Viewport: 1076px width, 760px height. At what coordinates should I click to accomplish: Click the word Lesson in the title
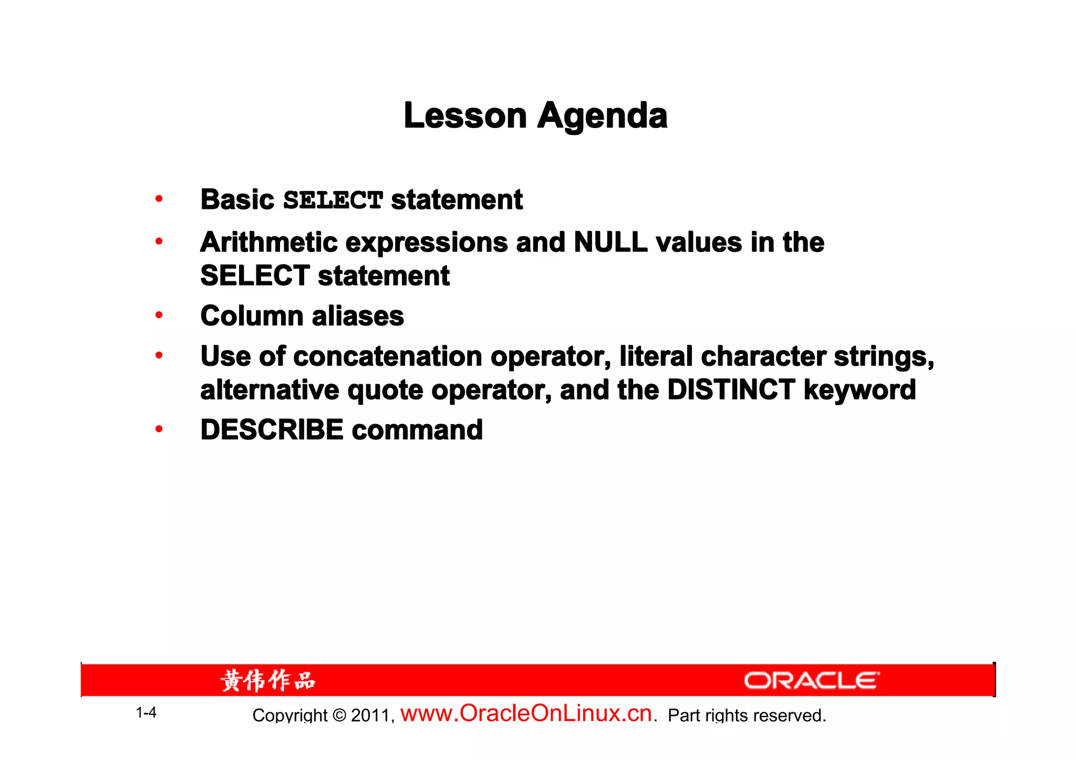[x=465, y=115]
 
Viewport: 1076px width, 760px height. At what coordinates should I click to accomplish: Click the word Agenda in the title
[x=602, y=117]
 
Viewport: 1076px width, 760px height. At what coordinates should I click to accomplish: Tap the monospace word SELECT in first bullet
[x=333, y=200]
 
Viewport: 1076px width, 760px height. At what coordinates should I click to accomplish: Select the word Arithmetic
[x=268, y=242]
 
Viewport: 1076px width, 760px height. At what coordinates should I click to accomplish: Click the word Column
[x=252, y=316]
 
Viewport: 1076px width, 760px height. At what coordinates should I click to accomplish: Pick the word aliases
[x=358, y=316]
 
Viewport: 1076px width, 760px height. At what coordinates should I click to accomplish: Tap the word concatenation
[x=388, y=356]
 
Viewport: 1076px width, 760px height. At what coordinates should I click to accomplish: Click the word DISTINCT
[x=731, y=390]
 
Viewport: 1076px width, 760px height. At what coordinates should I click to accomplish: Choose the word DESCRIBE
[x=272, y=430]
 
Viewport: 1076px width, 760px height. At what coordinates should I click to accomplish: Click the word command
[x=417, y=430]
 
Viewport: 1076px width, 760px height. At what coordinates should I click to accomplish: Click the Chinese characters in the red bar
[x=268, y=681]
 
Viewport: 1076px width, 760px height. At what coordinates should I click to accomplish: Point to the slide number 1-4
[x=146, y=713]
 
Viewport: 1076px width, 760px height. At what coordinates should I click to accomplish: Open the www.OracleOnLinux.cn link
[x=526, y=713]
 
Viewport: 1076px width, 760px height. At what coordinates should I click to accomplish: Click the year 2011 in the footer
[x=370, y=715]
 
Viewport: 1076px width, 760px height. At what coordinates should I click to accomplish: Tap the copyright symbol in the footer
[x=340, y=715]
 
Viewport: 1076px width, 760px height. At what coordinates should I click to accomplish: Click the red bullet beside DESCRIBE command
[x=159, y=429]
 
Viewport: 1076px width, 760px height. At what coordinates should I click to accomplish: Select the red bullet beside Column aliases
[x=159, y=315]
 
